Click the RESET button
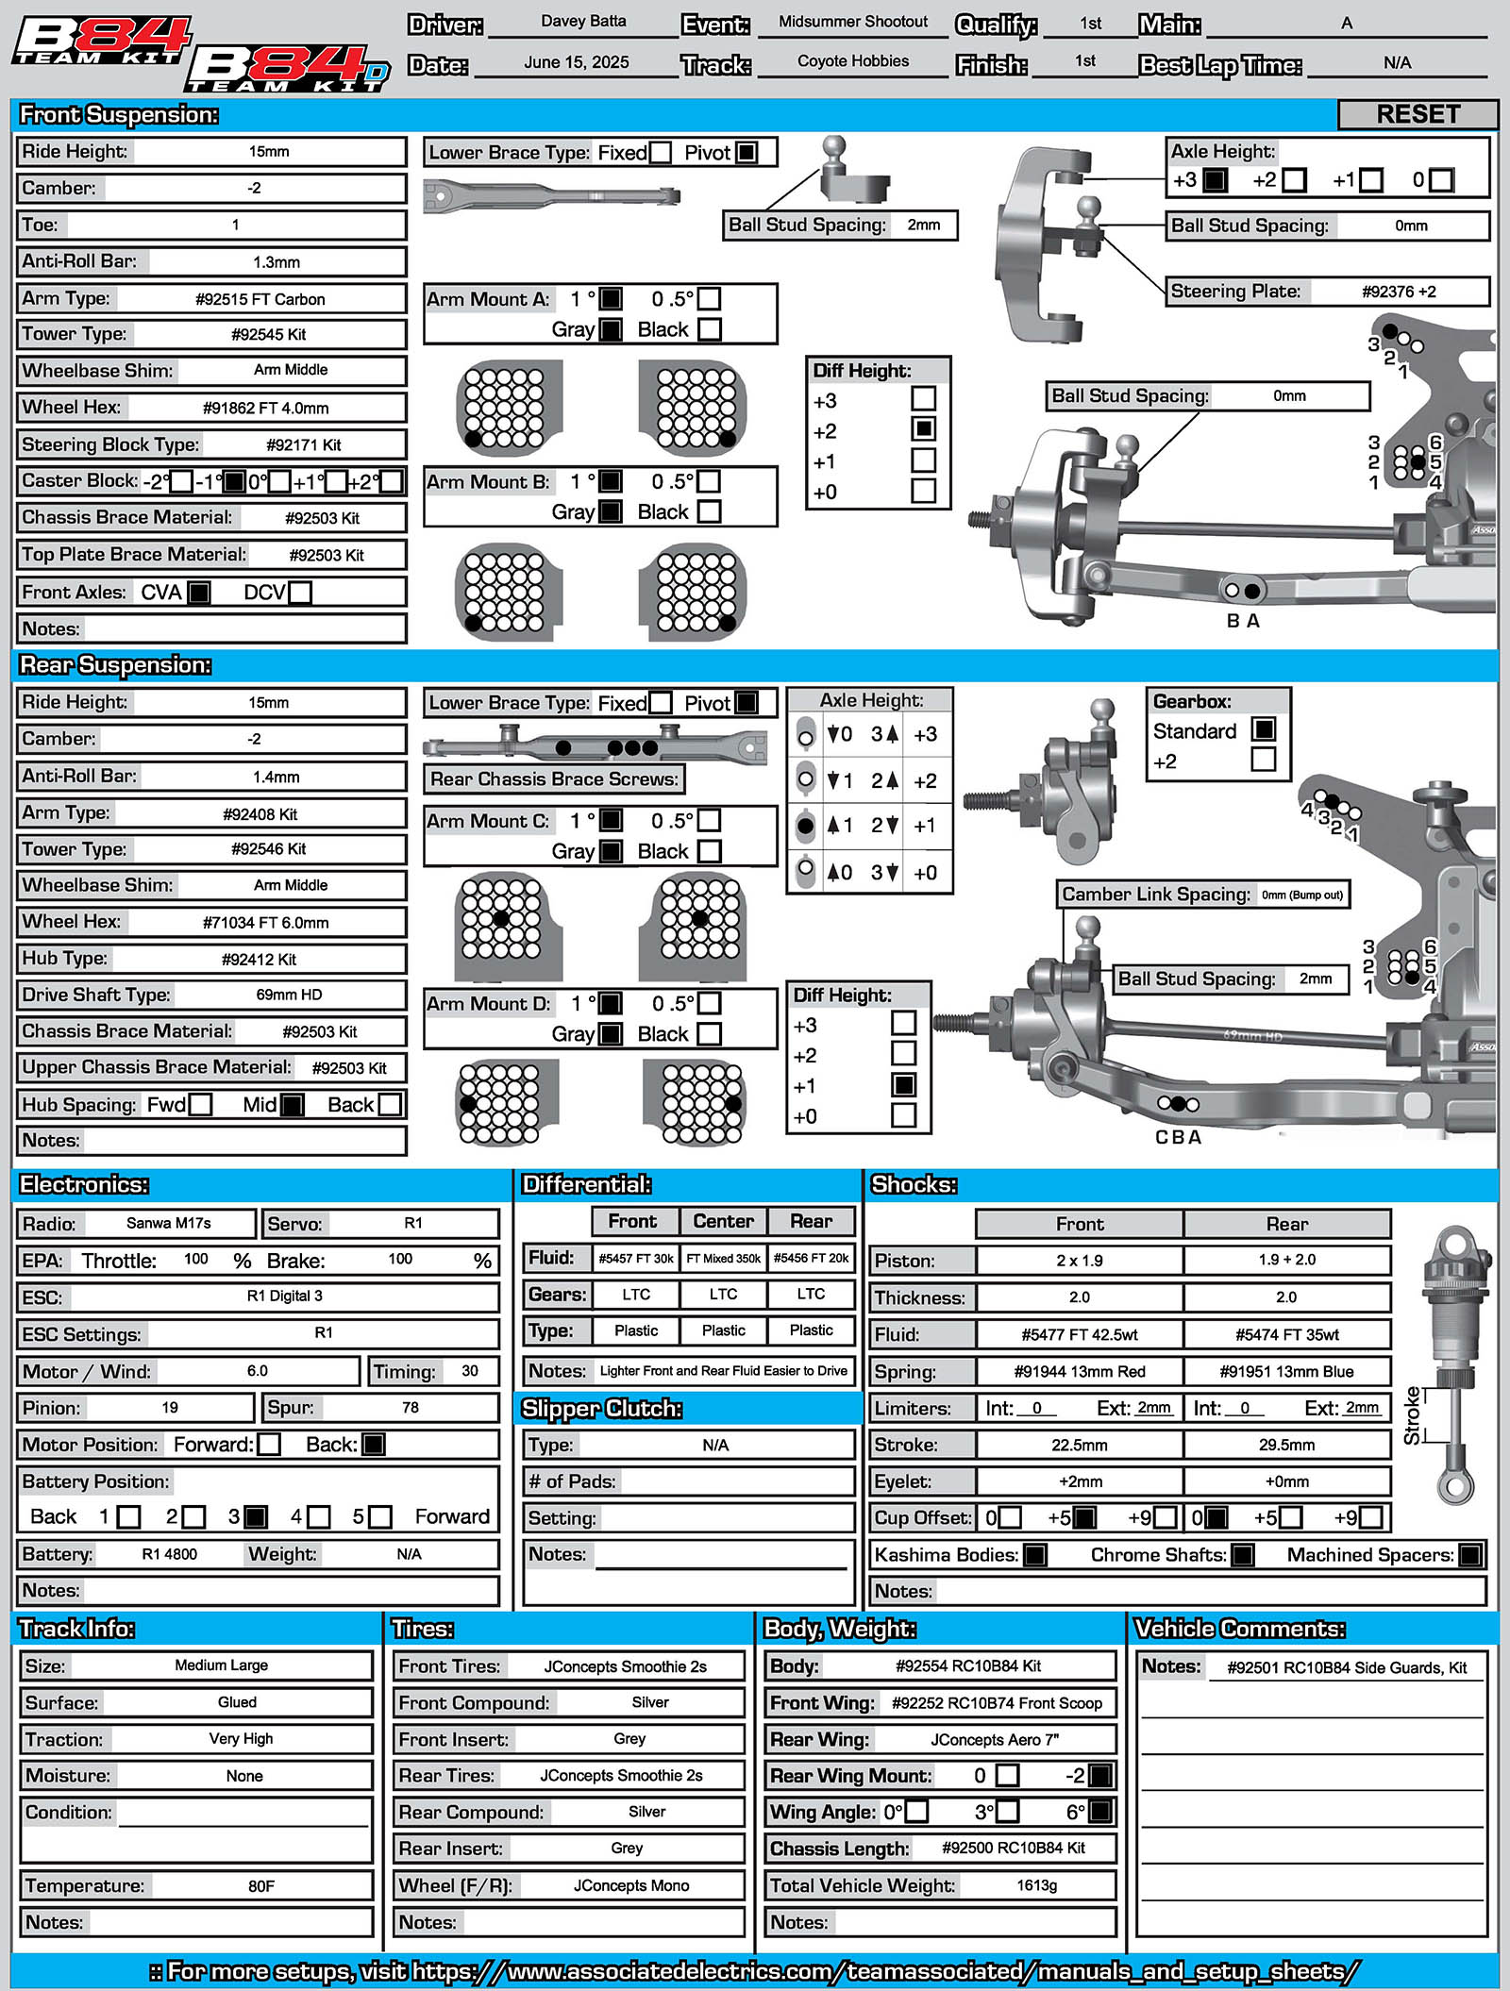coord(1418,114)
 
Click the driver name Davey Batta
coord(583,22)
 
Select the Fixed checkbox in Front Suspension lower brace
coord(661,153)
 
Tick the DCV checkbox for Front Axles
coord(300,593)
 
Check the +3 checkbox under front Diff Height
coord(924,399)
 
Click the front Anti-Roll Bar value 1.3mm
coord(276,262)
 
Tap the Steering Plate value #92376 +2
coord(1398,292)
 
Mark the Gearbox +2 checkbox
coord(1263,760)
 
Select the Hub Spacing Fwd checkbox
coord(200,1105)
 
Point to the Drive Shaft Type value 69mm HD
coord(289,995)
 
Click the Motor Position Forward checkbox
coord(269,1445)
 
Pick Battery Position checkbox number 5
coord(380,1517)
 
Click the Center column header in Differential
coord(723,1221)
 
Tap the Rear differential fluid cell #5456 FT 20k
coord(811,1258)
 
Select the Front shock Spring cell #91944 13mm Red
coord(1080,1371)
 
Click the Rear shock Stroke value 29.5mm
coord(1286,1446)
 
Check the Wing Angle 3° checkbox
coord(1008,1812)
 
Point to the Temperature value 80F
coord(261,1886)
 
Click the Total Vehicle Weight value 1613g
coord(1036,1885)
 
